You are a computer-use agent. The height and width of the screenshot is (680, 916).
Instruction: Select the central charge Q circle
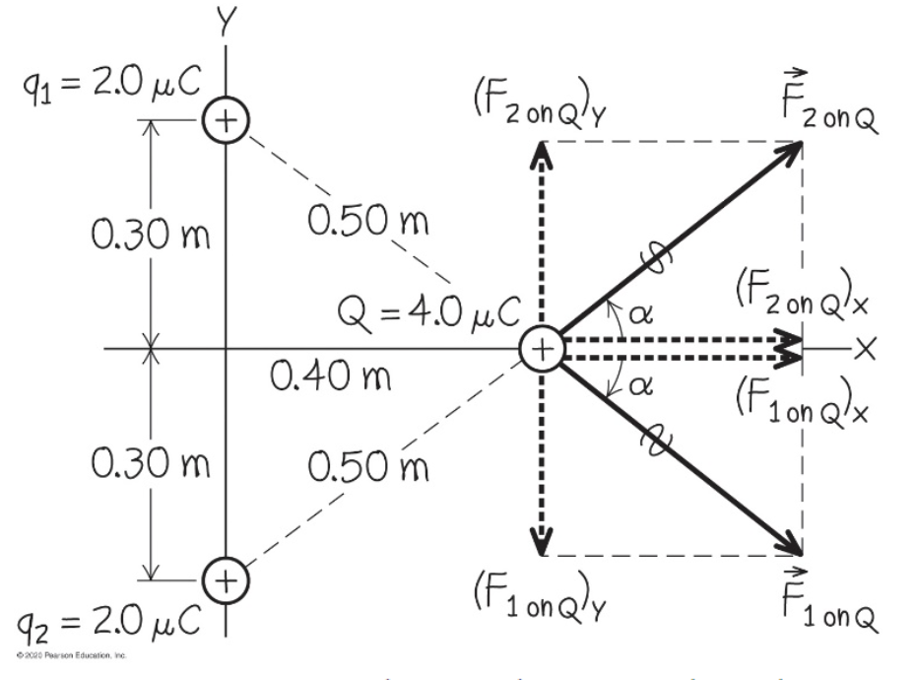(541, 349)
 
